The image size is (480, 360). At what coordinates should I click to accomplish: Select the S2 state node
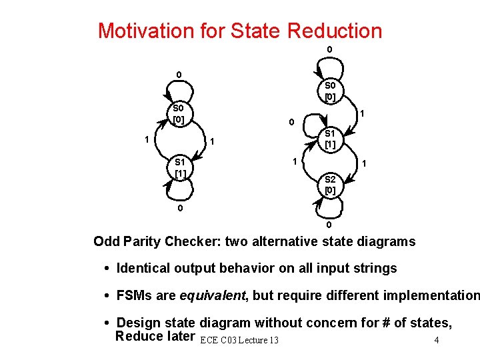click(x=329, y=184)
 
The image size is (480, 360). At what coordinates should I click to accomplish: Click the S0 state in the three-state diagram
click(x=330, y=91)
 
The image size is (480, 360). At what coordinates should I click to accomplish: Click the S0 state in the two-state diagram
click(x=178, y=113)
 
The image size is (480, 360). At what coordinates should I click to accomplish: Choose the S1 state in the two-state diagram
click(x=179, y=167)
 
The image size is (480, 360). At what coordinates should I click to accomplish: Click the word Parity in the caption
click(x=143, y=241)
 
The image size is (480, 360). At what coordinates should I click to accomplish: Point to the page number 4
click(x=435, y=340)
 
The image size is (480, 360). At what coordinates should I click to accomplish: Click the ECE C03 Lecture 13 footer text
click(x=238, y=340)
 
